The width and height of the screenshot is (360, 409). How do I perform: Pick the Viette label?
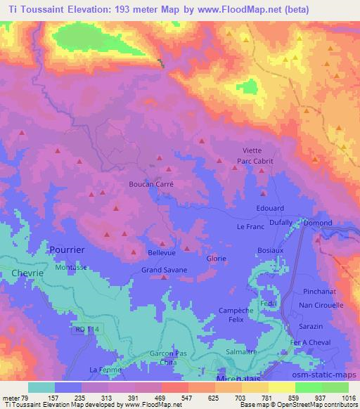coord(252,150)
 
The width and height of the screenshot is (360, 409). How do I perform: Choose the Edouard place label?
coord(271,209)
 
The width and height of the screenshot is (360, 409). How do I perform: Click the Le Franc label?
coord(250,227)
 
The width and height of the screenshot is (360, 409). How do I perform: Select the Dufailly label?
coord(281,222)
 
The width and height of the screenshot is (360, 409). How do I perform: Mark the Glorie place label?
coord(217,258)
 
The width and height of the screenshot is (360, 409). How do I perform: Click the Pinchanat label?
coord(321,291)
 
